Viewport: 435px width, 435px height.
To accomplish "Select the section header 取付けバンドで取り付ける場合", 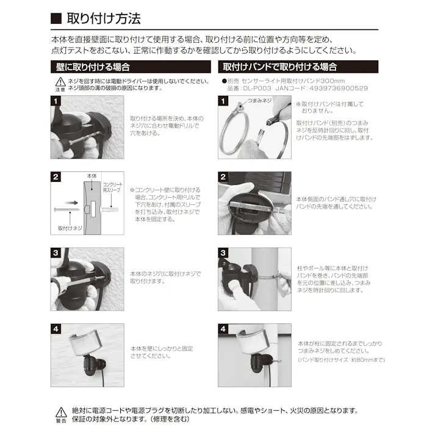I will point(280,67).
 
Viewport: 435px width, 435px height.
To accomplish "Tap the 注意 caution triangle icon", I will point(60,81).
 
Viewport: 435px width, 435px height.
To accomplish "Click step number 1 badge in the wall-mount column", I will point(56,101).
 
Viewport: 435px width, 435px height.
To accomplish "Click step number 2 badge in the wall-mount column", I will point(56,178).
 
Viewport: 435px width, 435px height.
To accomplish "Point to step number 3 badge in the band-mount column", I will point(223,253).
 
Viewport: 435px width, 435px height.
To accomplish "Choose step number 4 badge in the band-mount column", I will point(223,328).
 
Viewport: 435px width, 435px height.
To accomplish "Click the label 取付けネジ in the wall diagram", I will point(68,228).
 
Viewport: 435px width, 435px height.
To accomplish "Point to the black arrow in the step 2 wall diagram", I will point(72,203).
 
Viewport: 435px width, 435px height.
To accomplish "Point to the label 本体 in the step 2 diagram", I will point(92,176).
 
